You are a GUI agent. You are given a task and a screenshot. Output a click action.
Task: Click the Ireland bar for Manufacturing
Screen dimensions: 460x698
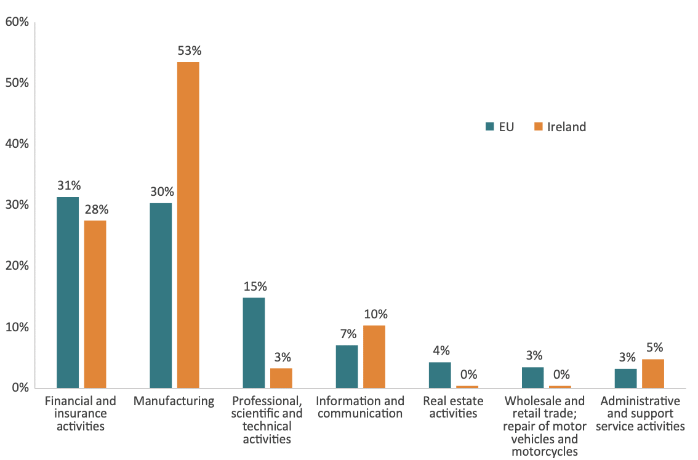click(x=188, y=225)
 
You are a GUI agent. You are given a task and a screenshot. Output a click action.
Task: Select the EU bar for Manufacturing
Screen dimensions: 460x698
click(x=161, y=295)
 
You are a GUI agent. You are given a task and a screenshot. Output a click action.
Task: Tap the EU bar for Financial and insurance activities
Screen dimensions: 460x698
click(x=68, y=292)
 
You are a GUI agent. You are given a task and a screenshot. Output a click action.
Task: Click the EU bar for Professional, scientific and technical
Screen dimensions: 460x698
click(x=254, y=342)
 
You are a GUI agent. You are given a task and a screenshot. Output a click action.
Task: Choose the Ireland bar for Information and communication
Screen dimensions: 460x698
click(x=374, y=357)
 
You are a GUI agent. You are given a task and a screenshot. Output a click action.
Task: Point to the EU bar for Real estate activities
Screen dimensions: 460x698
click(x=439, y=375)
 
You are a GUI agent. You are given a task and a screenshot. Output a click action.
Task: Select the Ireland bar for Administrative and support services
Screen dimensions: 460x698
click(x=652, y=373)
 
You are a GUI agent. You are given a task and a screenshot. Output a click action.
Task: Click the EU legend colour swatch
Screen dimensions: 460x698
click(x=490, y=127)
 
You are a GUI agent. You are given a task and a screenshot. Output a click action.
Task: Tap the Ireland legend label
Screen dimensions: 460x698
click(x=566, y=127)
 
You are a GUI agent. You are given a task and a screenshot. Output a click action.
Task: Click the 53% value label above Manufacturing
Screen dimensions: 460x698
click(x=188, y=50)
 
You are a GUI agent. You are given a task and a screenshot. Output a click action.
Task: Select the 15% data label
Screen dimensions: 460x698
click(x=254, y=286)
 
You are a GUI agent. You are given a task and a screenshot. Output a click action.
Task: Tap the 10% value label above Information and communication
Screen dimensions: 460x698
click(x=375, y=314)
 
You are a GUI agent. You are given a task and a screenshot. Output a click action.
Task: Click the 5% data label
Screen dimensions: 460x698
click(x=654, y=347)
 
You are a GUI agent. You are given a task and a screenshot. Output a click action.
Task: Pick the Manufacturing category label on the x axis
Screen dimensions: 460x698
click(x=174, y=401)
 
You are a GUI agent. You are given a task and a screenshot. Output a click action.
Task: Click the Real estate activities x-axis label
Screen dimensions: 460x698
click(x=453, y=407)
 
